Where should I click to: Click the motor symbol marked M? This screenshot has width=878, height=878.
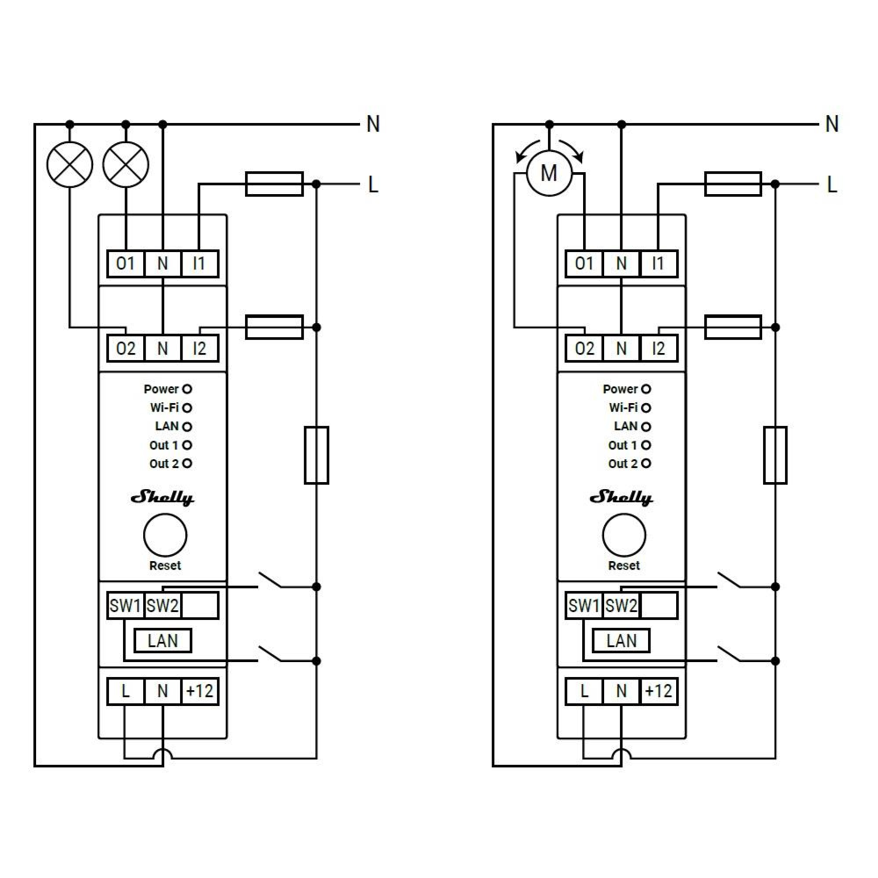(550, 173)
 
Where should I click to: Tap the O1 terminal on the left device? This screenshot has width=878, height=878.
(126, 263)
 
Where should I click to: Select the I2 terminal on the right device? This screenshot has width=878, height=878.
(658, 349)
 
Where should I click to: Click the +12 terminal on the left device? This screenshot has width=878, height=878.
(200, 691)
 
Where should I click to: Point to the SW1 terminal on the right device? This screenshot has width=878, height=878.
(584, 605)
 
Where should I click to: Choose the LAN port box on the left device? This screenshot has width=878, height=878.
(163, 641)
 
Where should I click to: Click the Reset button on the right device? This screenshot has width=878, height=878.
(624, 536)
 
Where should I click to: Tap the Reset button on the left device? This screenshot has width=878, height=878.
(165, 536)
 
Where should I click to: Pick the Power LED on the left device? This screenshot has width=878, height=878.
(187, 389)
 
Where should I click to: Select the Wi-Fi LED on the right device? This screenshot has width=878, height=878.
(646, 407)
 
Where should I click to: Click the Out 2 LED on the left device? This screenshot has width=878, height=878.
(187, 463)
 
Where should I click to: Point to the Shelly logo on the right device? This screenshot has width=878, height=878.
(622, 497)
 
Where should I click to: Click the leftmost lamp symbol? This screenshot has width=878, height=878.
(69, 165)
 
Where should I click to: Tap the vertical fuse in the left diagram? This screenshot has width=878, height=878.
(316, 455)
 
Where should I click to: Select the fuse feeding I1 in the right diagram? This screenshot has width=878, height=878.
(733, 184)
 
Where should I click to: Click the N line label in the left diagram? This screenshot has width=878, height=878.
(373, 124)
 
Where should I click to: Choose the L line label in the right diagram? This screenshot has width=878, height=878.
(832, 184)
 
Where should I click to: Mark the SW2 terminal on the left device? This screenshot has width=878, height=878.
(162, 605)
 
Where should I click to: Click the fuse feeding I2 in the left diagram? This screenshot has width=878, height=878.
(274, 327)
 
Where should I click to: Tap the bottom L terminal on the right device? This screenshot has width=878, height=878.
(584, 691)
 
